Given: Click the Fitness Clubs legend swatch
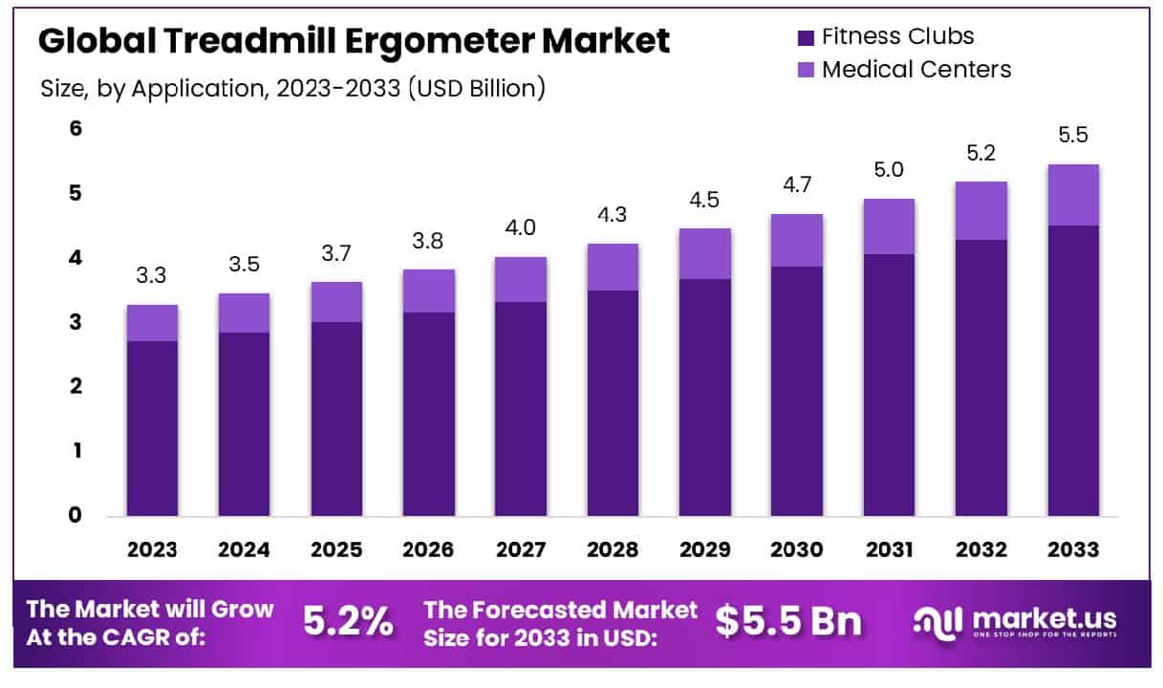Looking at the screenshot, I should [805, 38].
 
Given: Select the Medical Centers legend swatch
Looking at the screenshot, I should [805, 70].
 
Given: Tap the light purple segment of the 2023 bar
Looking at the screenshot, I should [152, 323].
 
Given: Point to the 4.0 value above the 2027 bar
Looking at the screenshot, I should [521, 228].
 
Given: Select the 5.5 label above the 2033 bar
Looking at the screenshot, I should [1074, 136].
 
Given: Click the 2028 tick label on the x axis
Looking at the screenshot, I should [613, 550].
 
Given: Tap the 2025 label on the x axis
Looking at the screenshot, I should [336, 550].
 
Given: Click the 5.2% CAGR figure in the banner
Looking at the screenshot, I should [348, 622].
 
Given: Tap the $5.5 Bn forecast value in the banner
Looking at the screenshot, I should [788, 622].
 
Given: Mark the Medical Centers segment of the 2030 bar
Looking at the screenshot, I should [797, 240].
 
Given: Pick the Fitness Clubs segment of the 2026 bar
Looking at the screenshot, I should [428, 414].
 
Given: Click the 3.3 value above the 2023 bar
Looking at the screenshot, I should [152, 276].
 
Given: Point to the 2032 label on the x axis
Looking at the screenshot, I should [981, 550].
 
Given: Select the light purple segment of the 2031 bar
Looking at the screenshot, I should [889, 226].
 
